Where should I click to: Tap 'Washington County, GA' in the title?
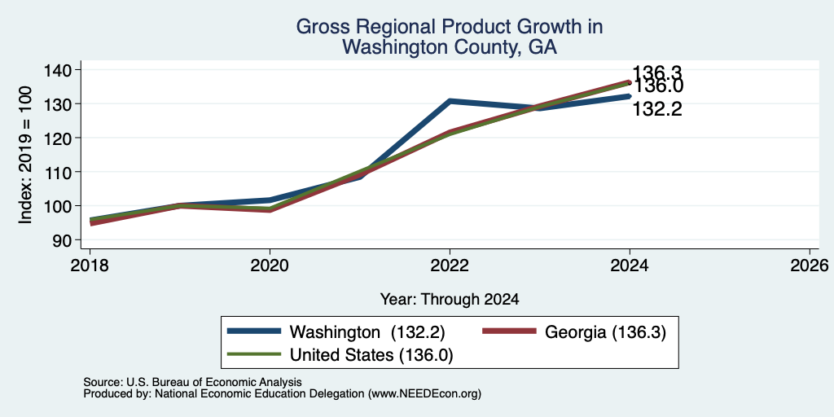click(x=450, y=47)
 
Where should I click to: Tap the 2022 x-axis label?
click(x=450, y=266)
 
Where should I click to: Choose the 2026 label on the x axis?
click(x=810, y=266)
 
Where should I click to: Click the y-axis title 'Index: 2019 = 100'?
click(x=27, y=155)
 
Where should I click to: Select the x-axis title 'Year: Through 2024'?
click(x=450, y=300)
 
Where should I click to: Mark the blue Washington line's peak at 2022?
click(x=450, y=100)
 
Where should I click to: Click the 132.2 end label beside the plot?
click(x=657, y=110)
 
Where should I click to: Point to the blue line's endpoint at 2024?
click(x=630, y=96)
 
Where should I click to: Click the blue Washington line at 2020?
click(x=270, y=200)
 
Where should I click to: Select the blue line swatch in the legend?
click(x=254, y=331)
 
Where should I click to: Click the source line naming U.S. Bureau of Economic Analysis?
click(x=192, y=382)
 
